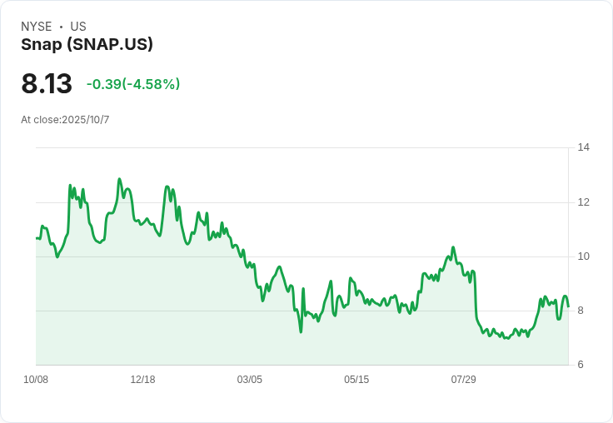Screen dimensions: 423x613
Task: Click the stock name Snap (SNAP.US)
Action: tap(87, 45)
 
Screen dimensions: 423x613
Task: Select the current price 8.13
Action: tap(47, 84)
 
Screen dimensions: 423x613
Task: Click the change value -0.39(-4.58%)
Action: tap(133, 84)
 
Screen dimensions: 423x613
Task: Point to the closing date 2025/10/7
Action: tap(86, 120)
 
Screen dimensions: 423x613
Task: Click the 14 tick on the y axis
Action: tap(584, 147)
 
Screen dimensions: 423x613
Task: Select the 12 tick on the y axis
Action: tap(584, 202)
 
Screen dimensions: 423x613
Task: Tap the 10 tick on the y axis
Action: tap(584, 256)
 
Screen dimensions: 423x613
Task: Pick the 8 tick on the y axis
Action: tap(581, 311)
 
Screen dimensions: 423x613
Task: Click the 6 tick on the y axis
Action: tap(581, 365)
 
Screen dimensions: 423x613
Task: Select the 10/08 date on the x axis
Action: tap(36, 380)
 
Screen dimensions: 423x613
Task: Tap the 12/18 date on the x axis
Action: tap(142, 380)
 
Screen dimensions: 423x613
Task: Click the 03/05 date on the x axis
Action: tap(249, 380)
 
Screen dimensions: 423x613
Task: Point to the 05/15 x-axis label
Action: tap(356, 380)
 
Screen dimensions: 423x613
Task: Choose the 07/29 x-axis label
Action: tap(463, 380)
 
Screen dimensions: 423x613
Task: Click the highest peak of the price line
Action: tap(120, 179)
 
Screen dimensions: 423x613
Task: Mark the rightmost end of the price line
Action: tap(568, 306)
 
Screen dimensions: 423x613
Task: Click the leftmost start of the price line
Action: tap(36, 238)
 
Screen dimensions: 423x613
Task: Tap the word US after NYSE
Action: tap(78, 27)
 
